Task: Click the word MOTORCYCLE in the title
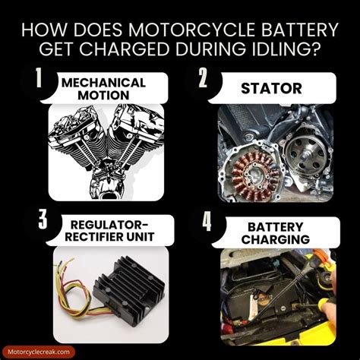point(191,30)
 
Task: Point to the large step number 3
point(43,219)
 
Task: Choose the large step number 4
point(207,221)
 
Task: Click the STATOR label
point(271,88)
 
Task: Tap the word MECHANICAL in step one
point(103,83)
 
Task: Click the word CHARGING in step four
point(276,239)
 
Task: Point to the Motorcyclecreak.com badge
point(39,352)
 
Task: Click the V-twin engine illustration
point(106,153)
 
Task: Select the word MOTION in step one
point(103,95)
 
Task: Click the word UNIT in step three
point(141,237)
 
